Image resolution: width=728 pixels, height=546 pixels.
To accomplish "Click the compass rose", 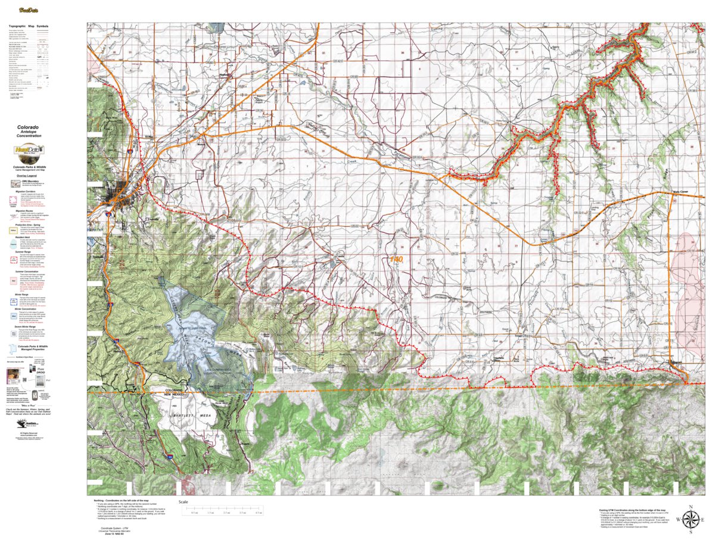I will click(x=690, y=520).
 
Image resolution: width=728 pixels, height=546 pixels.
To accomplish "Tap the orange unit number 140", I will click(x=396, y=260).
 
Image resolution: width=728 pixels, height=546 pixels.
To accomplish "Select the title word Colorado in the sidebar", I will click(x=29, y=127).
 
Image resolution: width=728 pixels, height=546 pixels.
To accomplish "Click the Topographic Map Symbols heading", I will click(x=29, y=27).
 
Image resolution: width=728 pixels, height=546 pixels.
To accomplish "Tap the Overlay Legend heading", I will click(x=29, y=176).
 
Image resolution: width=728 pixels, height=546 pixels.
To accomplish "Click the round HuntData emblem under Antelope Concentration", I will click(x=29, y=151).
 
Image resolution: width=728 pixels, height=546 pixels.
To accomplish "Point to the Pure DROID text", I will click(x=40, y=370).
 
